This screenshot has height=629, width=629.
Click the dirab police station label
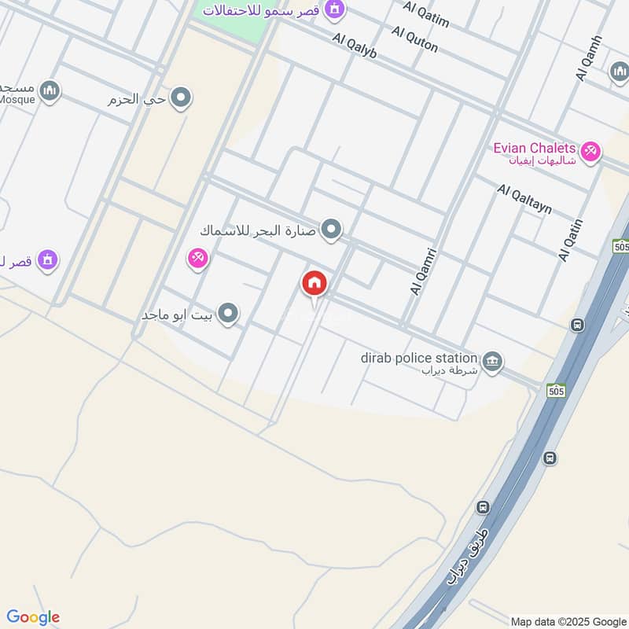(419, 358)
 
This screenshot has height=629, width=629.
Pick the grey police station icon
(493, 361)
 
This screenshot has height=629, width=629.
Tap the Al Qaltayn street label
(524, 199)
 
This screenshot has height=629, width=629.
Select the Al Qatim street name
(426, 14)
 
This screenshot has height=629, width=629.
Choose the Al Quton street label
(414, 39)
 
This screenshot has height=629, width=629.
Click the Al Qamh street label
(589, 58)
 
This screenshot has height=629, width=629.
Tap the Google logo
(33, 617)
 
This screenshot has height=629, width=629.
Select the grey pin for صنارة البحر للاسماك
(333, 230)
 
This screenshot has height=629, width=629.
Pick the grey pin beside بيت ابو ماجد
(229, 314)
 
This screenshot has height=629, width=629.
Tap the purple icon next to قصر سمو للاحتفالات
(336, 9)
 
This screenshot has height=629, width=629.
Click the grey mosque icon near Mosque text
(50, 92)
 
